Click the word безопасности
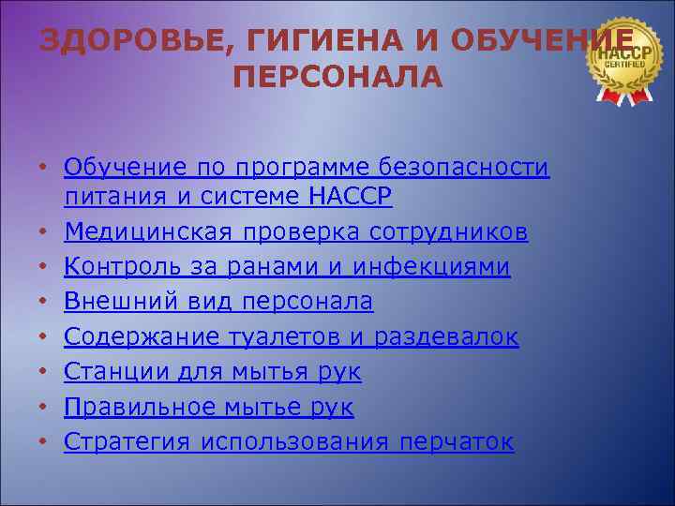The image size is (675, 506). (464, 168)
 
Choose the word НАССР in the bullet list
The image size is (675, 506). (350, 197)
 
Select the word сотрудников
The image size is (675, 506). (448, 231)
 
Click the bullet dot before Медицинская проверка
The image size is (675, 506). (44, 232)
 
